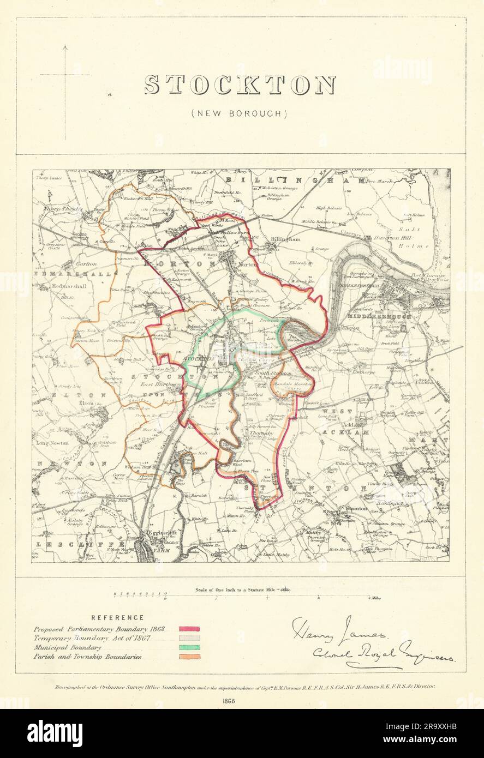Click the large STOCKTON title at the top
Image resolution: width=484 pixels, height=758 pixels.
[x=240, y=86]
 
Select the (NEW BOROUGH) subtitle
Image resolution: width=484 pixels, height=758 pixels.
[x=240, y=113]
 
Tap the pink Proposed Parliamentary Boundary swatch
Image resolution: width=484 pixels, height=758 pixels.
[x=190, y=629]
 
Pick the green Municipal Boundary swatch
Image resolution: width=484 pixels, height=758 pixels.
[x=190, y=647]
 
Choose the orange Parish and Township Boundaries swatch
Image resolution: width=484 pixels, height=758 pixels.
[x=190, y=657]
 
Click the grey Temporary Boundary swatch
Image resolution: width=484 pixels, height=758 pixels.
[x=190, y=638]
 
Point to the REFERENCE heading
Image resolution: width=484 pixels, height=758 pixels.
[x=117, y=618]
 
